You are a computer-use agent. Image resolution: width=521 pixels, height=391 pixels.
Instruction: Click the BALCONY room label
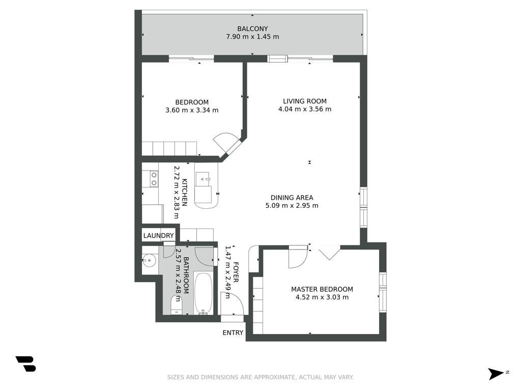pyautogui.click(x=252, y=29)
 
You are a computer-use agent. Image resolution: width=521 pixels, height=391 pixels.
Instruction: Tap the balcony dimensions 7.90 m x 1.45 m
pyautogui.click(x=252, y=37)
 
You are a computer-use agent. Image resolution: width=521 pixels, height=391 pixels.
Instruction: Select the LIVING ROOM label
pyautogui.click(x=305, y=101)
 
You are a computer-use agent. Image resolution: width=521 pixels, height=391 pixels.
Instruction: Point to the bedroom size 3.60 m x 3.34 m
pyautogui.click(x=192, y=110)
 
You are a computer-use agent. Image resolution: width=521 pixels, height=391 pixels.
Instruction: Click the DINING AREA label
pyautogui.click(x=292, y=198)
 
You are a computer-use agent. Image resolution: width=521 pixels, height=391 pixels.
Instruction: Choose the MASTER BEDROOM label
pyautogui.click(x=322, y=289)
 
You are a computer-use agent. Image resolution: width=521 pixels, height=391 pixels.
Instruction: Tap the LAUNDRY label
pyautogui.click(x=159, y=236)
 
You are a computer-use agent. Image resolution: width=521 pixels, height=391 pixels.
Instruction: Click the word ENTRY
pyautogui.click(x=233, y=332)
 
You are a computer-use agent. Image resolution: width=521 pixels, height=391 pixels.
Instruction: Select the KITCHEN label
pyautogui.click(x=184, y=192)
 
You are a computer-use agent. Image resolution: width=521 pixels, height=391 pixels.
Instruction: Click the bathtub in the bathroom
pyautogui.click(x=203, y=294)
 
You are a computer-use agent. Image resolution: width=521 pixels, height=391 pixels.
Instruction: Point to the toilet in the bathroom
pyautogui.click(x=177, y=305)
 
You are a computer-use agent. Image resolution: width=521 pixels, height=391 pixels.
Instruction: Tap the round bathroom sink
pyautogui.click(x=149, y=260)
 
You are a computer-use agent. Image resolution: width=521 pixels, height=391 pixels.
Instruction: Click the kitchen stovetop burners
pyautogui.click(x=154, y=179)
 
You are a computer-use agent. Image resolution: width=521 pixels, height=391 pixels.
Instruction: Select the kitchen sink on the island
pyautogui.click(x=202, y=179)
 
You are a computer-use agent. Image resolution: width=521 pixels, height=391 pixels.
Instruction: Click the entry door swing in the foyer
pyautogui.click(x=233, y=303)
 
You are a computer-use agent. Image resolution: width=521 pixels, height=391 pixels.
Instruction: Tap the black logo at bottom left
pyautogui.click(x=26, y=364)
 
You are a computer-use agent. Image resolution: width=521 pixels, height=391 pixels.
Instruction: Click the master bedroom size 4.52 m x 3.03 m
pyautogui.click(x=322, y=297)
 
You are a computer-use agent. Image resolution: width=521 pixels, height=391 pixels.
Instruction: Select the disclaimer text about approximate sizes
pyautogui.click(x=260, y=377)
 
